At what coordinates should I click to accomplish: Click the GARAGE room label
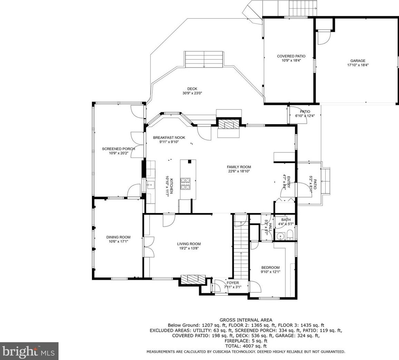tap(358, 61)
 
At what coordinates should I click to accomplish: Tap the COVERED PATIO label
tap(291, 56)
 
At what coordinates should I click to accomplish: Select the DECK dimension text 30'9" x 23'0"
tap(192, 93)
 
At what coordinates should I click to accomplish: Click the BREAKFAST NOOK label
tap(169, 138)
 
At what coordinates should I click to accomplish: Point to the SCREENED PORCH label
tap(118, 149)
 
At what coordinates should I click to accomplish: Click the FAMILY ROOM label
tap(239, 167)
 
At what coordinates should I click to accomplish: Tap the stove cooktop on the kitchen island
tap(185, 183)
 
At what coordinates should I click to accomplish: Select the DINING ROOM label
tap(118, 237)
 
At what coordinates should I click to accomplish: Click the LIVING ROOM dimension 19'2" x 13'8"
tap(189, 248)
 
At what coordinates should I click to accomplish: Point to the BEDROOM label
tap(270, 267)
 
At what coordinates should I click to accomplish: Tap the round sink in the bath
tap(280, 236)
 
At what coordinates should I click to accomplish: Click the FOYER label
tap(233, 283)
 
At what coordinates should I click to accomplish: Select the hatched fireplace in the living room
tap(193, 279)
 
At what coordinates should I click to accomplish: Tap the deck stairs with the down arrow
tap(204, 59)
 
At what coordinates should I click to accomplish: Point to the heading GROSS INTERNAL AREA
tap(246, 320)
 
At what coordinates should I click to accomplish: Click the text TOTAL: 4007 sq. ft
tap(246, 346)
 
